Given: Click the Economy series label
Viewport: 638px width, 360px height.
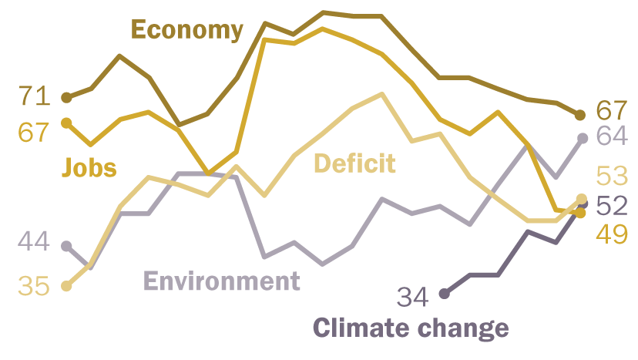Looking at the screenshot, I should tap(187, 30).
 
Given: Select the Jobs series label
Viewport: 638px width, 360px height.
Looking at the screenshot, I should tap(89, 167).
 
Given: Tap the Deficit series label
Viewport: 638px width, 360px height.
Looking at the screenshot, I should tap(354, 163).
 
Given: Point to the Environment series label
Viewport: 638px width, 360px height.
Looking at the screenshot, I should tap(222, 281).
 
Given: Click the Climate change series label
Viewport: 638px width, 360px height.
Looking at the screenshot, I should tap(411, 328).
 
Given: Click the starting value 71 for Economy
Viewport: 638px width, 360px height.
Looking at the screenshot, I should tap(34, 97).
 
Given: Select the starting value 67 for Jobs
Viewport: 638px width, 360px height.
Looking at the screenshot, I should tap(34, 133).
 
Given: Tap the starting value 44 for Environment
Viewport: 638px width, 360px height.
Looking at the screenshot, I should tap(34, 243).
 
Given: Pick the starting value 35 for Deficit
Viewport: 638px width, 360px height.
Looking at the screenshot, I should tap(34, 286).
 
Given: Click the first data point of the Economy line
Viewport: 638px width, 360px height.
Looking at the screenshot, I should tap(66, 98).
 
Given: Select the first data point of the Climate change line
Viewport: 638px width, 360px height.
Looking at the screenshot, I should tap(444, 293).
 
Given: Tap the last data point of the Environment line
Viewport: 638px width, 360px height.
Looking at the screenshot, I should tap(583, 138).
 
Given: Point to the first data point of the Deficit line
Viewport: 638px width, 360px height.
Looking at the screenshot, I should tap(66, 286).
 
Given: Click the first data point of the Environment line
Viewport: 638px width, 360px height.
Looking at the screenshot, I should tap(66, 246).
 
